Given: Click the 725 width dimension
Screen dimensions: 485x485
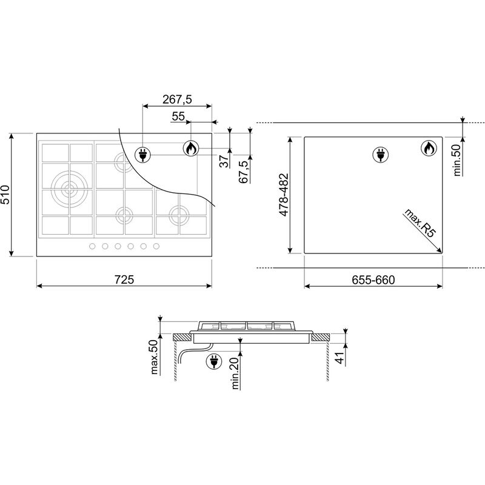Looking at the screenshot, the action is coord(124,279).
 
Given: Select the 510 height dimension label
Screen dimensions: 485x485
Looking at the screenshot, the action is coord(6,195).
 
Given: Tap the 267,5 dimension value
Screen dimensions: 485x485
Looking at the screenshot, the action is coord(177,99).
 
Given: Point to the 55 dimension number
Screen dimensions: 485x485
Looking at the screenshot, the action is coord(178,116).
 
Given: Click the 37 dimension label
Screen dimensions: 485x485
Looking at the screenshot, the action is coord(224,161).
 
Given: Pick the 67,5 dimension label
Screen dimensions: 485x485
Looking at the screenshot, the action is coord(244,172).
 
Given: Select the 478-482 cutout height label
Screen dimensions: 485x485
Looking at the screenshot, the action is coord(284,195).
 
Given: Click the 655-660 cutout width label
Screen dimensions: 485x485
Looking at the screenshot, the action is coord(373,280).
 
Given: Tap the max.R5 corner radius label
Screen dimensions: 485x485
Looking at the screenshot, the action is coord(420,222).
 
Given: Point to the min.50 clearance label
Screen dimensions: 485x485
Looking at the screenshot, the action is coord(458,160).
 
